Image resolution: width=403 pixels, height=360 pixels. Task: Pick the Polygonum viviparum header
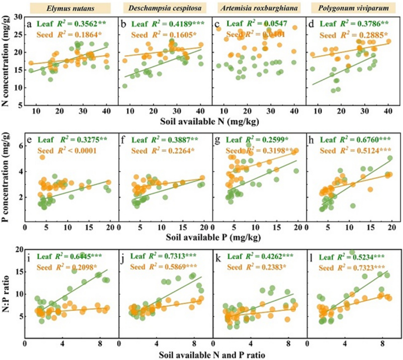[353, 8]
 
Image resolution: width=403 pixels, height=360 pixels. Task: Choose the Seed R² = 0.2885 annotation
[357, 35]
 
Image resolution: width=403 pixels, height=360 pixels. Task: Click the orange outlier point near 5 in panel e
[42, 157]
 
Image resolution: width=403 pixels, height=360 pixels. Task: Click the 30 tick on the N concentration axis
[18, 19]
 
